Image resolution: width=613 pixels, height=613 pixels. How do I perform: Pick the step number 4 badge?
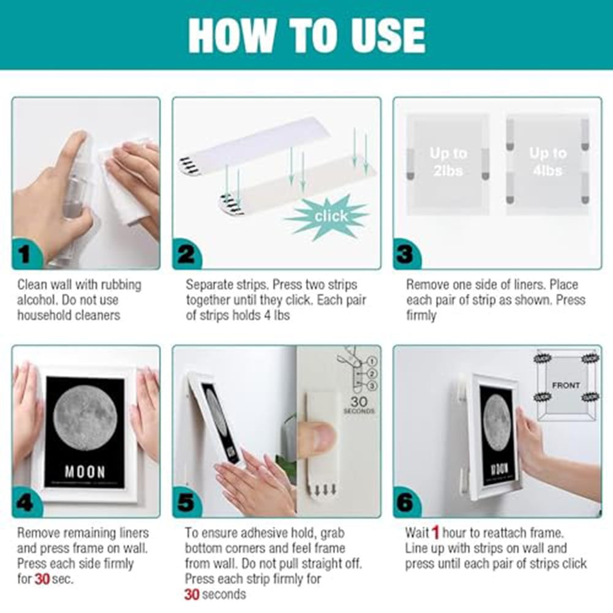coord(25,502)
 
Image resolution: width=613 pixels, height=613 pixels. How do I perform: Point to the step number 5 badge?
coord(186,502)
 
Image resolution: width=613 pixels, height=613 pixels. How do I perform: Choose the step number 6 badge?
coord(405,502)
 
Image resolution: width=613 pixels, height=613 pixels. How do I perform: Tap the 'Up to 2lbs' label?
coord(448,161)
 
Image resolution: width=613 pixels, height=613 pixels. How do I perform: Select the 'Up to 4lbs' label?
coord(547,161)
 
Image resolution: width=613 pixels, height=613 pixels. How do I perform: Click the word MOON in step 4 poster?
coord(85,472)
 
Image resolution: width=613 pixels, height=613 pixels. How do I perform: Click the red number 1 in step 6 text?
coord(435,532)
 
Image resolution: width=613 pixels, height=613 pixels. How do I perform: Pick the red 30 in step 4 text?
coord(42,579)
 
